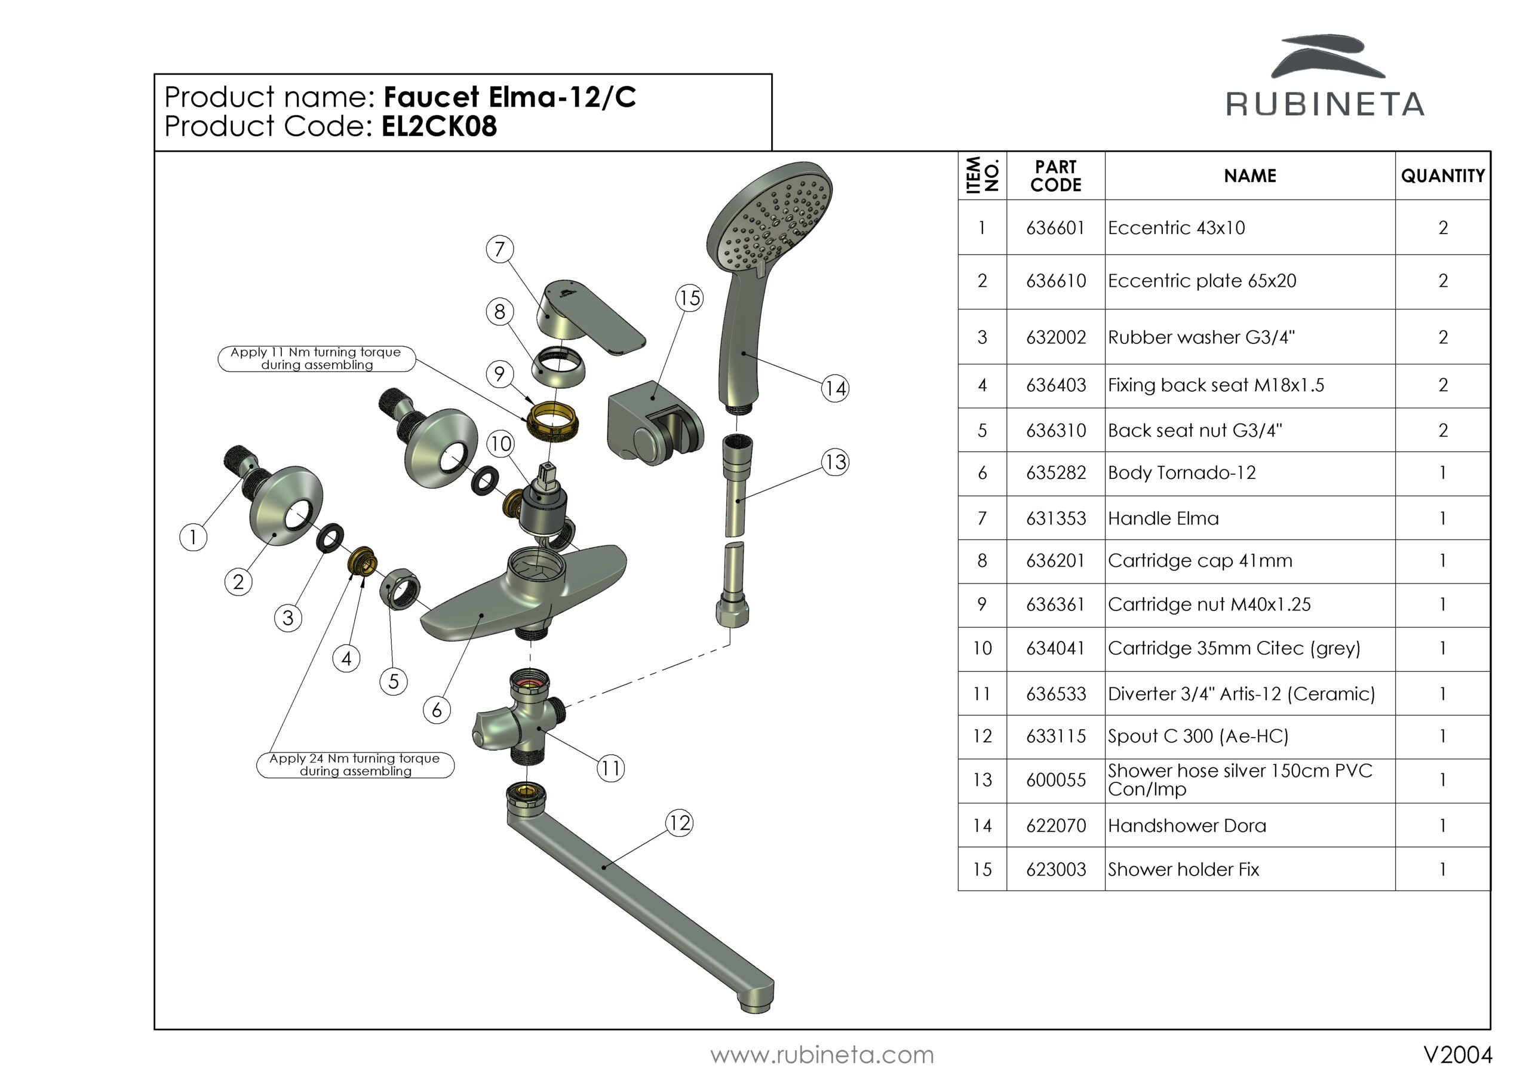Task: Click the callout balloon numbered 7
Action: coord(499,249)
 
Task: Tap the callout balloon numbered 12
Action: coord(679,823)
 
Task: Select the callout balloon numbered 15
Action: coord(689,298)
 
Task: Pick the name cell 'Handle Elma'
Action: coord(1163,519)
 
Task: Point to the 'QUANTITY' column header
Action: coord(1442,176)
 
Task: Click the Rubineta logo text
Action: coord(1325,105)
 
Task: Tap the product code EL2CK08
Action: coord(439,127)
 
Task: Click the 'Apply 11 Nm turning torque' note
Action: coord(317,358)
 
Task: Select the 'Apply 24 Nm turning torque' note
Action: coord(355,764)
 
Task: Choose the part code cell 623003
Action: coord(1055,870)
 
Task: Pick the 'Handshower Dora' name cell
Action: coord(1187,826)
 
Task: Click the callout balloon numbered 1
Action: coord(193,537)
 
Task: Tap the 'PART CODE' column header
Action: coord(1055,176)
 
